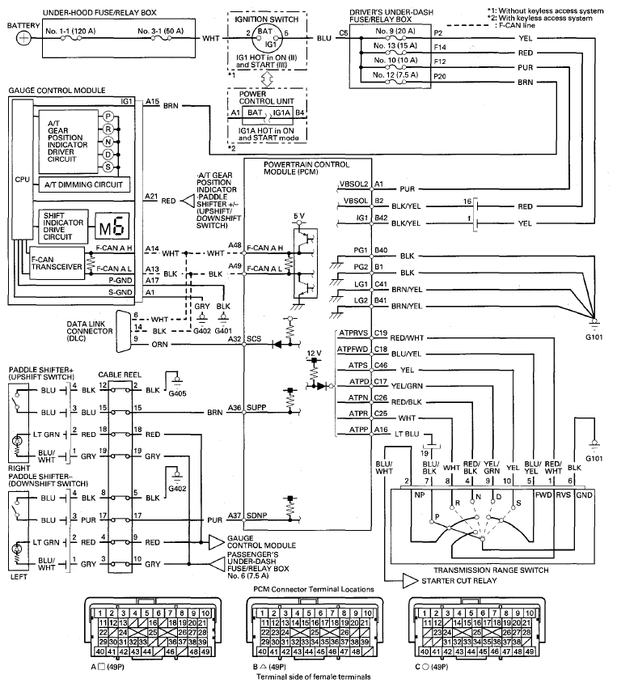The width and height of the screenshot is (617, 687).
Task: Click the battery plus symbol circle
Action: tap(23, 39)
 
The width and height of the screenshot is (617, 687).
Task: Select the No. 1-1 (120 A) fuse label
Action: tap(70, 31)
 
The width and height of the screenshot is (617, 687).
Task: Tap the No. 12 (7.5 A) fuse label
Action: tap(395, 75)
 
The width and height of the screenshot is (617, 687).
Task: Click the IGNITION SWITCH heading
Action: tap(266, 19)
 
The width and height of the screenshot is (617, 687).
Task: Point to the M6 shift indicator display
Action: tap(113, 226)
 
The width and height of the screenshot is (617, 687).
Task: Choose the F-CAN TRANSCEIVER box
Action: tap(57, 263)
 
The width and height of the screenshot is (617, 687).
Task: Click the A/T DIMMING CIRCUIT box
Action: tap(83, 184)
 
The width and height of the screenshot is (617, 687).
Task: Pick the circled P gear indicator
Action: tap(108, 117)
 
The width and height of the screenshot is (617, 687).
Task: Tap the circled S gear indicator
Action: tap(108, 167)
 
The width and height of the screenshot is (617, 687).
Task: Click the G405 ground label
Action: tap(177, 393)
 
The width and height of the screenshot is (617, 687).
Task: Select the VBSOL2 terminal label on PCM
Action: tap(354, 184)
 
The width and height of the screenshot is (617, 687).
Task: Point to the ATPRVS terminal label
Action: tap(353, 333)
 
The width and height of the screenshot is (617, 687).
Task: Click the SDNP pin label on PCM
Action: tap(256, 515)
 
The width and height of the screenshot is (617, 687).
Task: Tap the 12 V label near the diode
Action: tap(314, 353)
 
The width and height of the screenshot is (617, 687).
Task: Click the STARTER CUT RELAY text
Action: tap(459, 580)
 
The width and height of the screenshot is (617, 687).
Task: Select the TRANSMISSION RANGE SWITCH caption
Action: tap(491, 570)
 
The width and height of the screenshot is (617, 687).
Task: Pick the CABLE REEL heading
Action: tap(120, 375)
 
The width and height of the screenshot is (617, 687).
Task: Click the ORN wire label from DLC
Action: tap(159, 345)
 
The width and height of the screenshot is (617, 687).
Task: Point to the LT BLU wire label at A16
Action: tap(407, 434)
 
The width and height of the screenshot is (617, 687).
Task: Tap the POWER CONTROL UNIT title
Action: tap(266, 97)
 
